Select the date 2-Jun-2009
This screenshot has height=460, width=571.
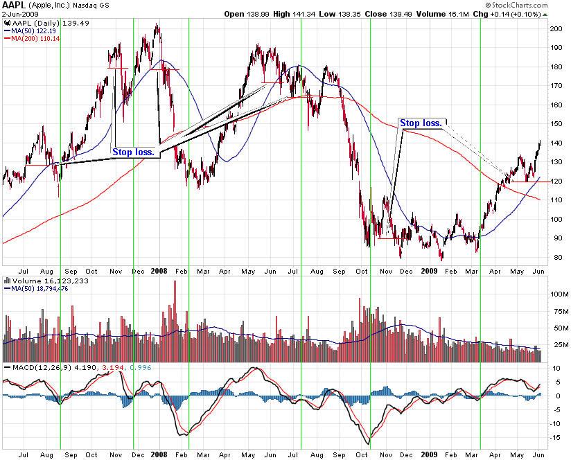point(19,14)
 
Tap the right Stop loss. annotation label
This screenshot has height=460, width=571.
point(421,123)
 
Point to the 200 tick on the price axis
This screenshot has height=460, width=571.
point(556,29)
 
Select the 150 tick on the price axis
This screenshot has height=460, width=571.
point(556,124)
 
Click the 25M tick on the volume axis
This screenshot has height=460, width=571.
point(556,344)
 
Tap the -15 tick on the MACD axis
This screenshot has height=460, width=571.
point(556,437)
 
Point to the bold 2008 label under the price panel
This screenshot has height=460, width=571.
point(159,272)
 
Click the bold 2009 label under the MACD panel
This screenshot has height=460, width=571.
point(430,455)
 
